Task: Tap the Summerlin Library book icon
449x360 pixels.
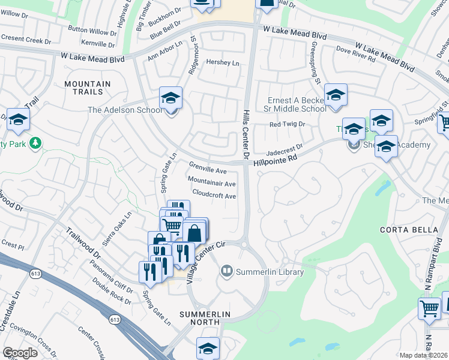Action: pos(226,272)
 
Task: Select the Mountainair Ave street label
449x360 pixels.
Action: pos(211,182)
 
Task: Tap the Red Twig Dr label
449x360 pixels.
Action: pos(288,124)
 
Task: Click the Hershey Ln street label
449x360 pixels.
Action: pos(222,63)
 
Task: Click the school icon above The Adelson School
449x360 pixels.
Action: pos(170,97)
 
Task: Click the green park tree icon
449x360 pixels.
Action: pos(36,142)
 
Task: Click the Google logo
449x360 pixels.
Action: pos(20,353)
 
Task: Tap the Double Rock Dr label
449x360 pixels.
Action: pos(112,293)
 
